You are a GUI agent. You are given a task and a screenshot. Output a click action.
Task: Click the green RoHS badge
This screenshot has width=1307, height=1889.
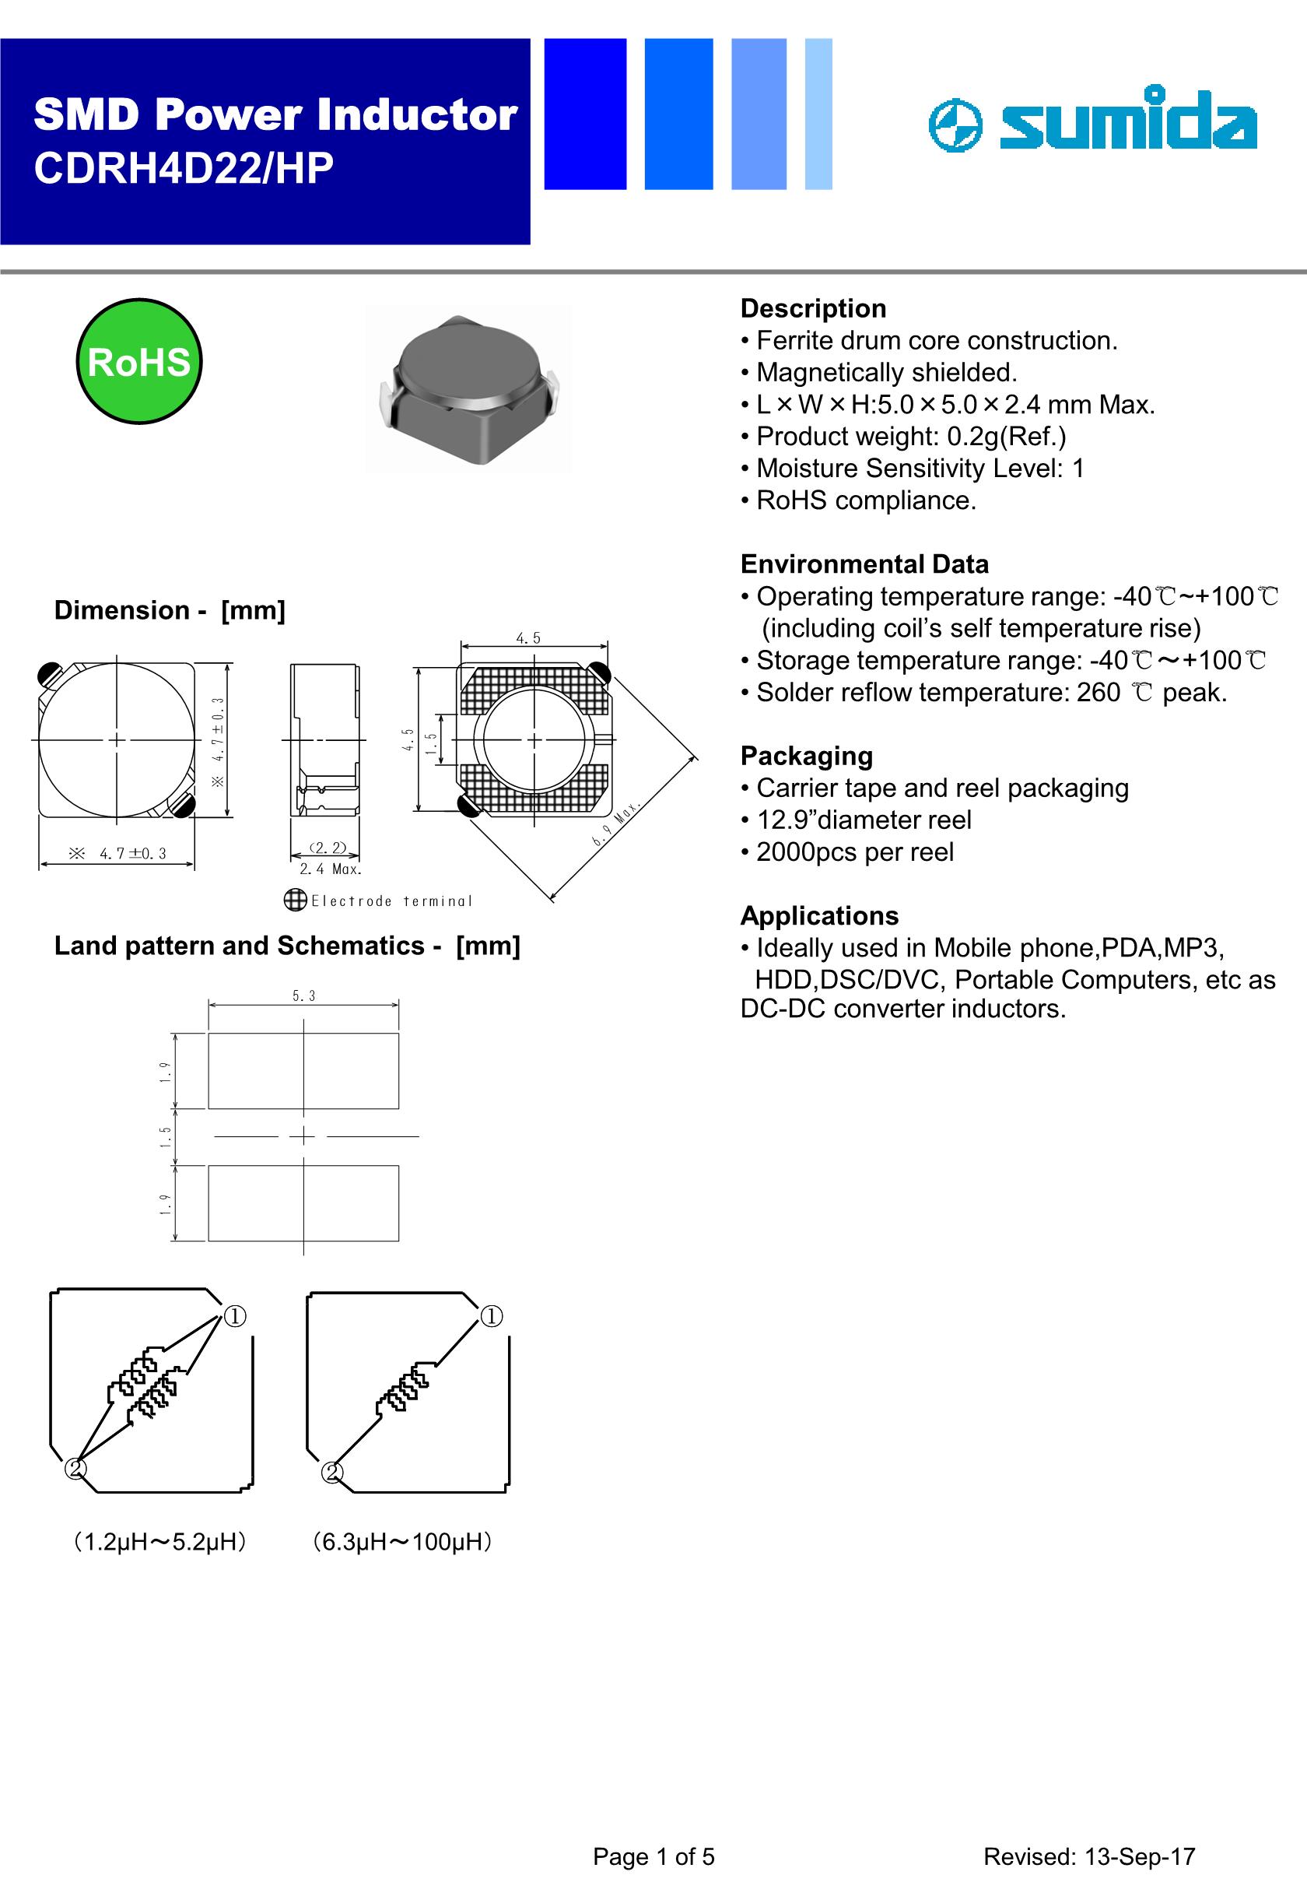[138, 361]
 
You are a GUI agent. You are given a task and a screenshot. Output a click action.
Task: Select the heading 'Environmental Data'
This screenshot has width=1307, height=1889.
[864, 564]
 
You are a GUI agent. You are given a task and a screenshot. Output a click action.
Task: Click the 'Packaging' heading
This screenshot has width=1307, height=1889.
[806, 755]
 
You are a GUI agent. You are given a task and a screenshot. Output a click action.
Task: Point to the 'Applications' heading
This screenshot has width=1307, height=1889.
[819, 915]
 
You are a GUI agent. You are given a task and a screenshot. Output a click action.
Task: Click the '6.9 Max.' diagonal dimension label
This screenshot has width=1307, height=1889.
[616, 824]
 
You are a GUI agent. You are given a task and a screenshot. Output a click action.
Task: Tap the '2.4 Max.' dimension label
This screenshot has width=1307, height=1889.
[330, 869]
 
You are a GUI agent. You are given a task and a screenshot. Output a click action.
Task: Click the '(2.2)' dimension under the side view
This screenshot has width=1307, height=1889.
[328, 848]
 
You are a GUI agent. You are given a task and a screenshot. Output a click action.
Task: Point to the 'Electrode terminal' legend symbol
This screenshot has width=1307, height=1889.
[295, 901]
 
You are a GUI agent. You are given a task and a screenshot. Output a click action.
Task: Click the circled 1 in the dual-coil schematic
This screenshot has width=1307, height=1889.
[235, 1316]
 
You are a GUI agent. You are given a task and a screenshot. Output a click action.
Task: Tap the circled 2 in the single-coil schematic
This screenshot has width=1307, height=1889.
[331, 1472]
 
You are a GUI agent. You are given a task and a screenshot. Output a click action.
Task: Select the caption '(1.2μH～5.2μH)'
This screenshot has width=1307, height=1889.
[159, 1543]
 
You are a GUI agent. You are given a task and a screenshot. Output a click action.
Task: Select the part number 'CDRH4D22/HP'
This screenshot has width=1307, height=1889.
[184, 170]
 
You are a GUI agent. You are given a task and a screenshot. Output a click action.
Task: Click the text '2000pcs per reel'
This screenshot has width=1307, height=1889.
[854, 852]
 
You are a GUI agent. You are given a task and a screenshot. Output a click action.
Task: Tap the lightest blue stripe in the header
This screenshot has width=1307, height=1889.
[818, 114]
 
